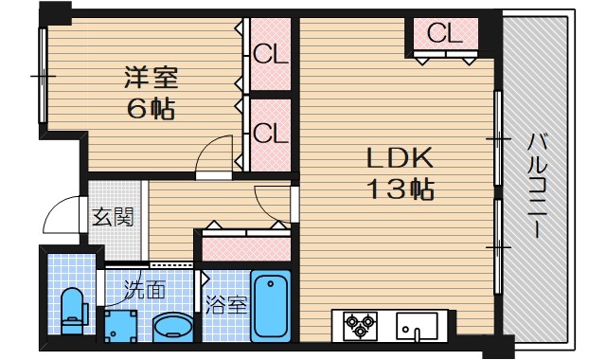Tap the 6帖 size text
pos(151,108)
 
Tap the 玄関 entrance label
pos(112,217)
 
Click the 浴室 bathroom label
pos(226,305)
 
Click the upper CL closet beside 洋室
pos(270,53)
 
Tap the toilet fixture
pos(73,309)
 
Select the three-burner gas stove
pos(360,326)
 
